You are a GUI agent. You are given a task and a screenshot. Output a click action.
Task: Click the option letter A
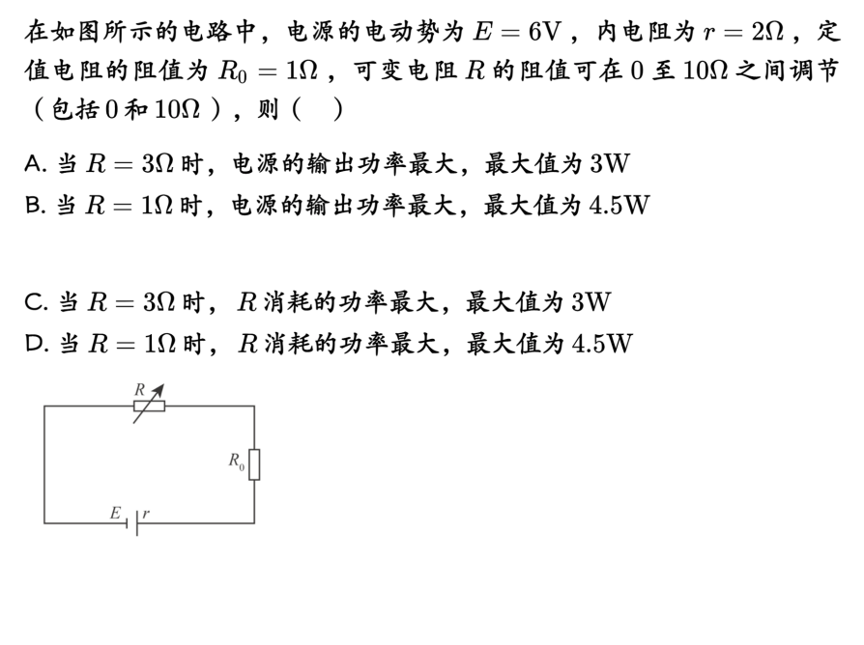[34, 164]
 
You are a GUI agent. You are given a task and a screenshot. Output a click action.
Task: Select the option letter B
[34, 206]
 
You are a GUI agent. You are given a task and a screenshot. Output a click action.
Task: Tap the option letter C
[35, 303]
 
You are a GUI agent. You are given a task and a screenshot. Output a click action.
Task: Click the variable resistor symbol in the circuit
[149, 406]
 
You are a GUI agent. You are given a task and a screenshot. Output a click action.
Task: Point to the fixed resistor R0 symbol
[254, 463]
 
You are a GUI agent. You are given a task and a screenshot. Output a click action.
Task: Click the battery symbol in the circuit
[134, 522]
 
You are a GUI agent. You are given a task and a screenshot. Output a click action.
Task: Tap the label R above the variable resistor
[139, 388]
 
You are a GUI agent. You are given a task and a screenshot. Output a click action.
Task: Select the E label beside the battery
[116, 513]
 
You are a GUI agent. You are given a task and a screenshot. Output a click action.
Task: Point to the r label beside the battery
[146, 513]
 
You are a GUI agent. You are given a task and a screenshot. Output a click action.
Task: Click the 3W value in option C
[590, 303]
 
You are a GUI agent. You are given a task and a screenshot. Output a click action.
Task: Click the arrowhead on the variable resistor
[159, 389]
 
